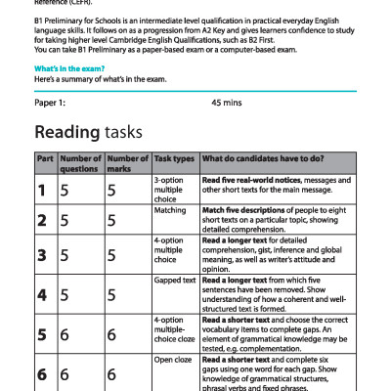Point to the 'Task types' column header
(174, 158)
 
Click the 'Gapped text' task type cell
(175, 281)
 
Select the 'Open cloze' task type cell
(173, 362)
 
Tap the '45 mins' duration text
(226, 102)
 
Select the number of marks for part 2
(111, 221)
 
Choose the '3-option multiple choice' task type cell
(170, 189)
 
